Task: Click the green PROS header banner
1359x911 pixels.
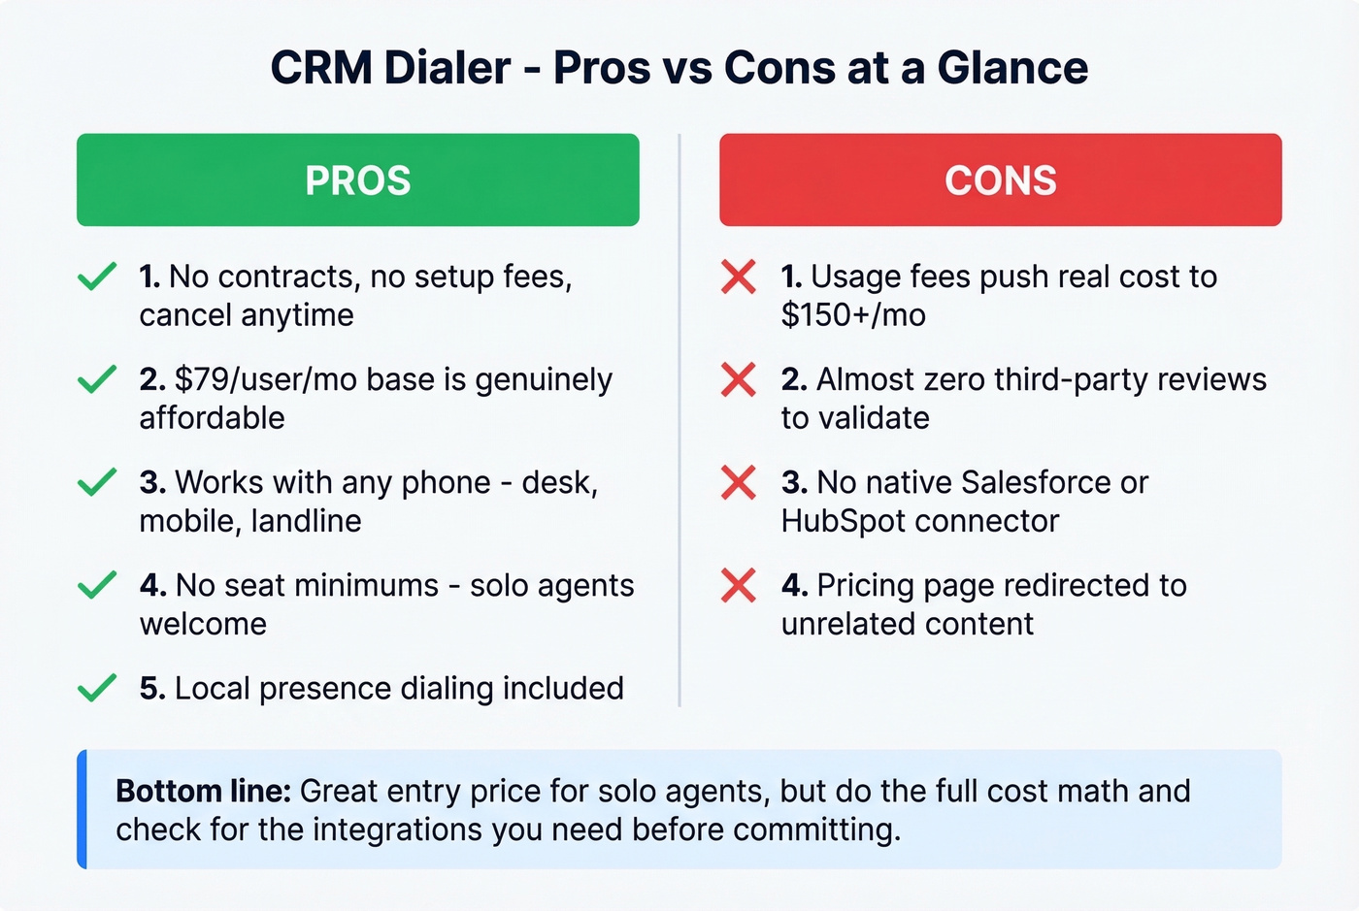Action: pyautogui.click(x=357, y=180)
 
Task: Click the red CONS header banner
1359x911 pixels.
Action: pyautogui.click(x=1000, y=180)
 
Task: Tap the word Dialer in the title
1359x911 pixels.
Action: pyautogui.click(x=447, y=68)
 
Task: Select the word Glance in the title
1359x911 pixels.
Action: pyautogui.click(x=1012, y=68)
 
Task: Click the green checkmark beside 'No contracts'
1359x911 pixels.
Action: pyautogui.click(x=97, y=277)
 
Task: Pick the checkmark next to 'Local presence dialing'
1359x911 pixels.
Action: pyautogui.click(x=97, y=689)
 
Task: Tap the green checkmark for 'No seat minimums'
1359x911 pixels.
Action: pyautogui.click(x=97, y=586)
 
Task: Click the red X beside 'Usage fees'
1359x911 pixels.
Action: pyautogui.click(x=739, y=277)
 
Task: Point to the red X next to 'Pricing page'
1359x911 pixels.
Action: pyautogui.click(x=739, y=586)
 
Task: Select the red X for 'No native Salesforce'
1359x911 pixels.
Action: pyautogui.click(x=739, y=483)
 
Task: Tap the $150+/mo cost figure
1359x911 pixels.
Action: pyautogui.click(x=853, y=315)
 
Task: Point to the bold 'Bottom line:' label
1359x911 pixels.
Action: pyautogui.click(x=203, y=792)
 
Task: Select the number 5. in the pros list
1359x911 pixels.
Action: pyautogui.click(x=152, y=689)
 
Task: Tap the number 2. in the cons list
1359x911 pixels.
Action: pyautogui.click(x=794, y=380)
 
